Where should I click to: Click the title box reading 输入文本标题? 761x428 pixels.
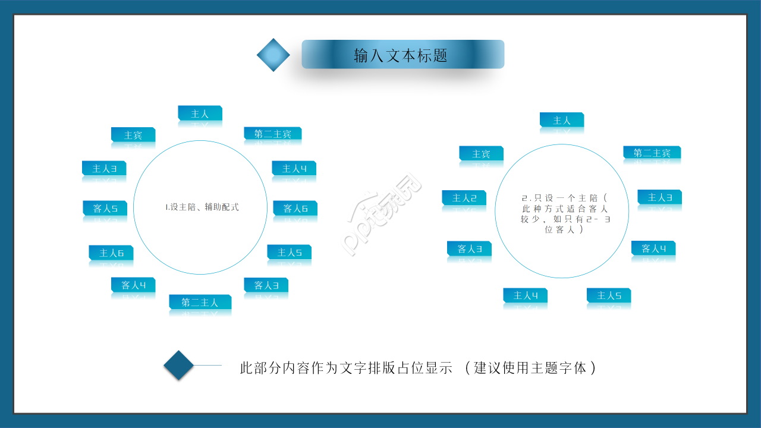402,55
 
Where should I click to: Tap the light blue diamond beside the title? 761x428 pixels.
273,55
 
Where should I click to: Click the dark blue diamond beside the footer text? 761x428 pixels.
179,365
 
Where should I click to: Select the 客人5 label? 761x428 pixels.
105,209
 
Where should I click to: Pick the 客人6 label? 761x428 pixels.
295,209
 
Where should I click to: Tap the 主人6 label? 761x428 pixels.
111,253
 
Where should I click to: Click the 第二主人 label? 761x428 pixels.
200,303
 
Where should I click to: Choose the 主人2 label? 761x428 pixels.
464,198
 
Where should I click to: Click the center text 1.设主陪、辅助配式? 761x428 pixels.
202,207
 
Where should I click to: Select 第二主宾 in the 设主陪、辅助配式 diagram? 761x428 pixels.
272,134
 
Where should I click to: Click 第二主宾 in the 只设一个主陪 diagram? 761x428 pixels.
652,153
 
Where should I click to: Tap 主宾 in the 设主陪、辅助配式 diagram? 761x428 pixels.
133,135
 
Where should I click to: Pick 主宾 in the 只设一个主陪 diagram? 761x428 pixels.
481,154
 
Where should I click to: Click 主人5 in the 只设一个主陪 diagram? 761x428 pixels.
609,295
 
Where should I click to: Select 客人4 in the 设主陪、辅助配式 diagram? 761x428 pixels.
133,285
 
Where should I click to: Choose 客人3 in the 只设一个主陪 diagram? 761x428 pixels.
469,248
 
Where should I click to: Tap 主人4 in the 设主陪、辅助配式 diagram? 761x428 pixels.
294,169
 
